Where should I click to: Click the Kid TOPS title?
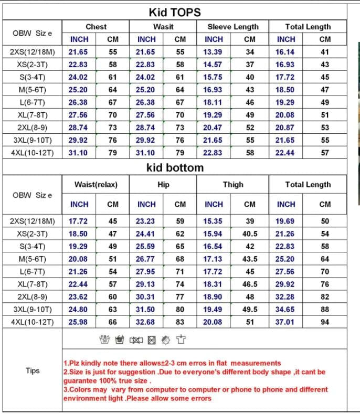point(175,12)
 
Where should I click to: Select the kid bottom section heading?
point(175,168)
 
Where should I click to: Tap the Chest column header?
point(96,27)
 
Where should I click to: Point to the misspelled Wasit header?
point(163,27)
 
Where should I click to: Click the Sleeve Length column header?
point(233,27)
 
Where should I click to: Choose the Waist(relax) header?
point(96,185)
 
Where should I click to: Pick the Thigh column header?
point(233,185)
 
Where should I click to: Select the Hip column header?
point(163,185)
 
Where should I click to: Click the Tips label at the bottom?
point(33,370)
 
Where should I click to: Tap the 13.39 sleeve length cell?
point(213,52)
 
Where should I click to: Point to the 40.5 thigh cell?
point(250,233)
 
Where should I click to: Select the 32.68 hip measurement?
point(146,322)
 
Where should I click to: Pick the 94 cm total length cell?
point(325,322)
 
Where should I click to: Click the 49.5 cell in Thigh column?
point(250,309)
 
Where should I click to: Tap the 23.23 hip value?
point(146,221)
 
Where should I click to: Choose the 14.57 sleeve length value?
point(213,65)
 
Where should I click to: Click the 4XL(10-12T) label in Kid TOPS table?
point(33,153)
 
